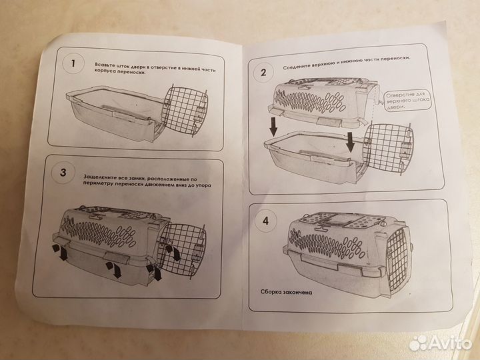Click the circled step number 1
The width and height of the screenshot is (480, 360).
click(x=73, y=64)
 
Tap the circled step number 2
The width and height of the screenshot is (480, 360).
click(x=263, y=73)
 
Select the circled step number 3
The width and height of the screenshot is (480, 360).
click(x=63, y=173)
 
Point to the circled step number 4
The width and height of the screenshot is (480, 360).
click(x=266, y=221)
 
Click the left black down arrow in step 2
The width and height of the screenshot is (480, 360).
click(x=273, y=127)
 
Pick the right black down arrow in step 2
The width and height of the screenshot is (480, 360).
click(x=351, y=142)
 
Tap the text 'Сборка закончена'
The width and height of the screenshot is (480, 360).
click(x=287, y=292)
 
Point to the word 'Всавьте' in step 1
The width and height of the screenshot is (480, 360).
click(x=104, y=65)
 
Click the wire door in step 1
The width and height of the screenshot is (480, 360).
click(x=185, y=111)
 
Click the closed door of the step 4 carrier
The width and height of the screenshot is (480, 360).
click(x=397, y=251)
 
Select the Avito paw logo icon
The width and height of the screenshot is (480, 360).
click(x=419, y=343)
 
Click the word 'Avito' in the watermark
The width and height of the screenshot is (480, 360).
click(x=450, y=343)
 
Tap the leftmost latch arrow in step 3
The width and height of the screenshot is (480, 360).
click(x=61, y=253)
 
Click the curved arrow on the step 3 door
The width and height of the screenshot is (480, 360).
click(x=173, y=251)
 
